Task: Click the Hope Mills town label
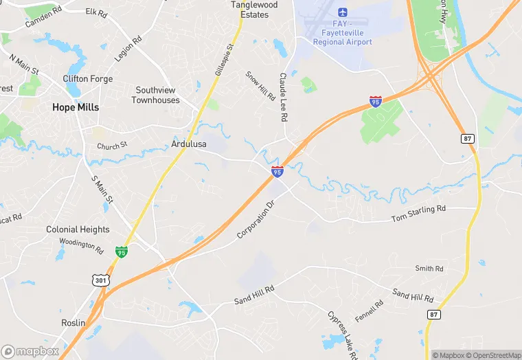tap(76, 107)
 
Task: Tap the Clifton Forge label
tap(88, 79)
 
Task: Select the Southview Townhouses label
tap(157, 95)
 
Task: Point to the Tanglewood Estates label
tap(254, 9)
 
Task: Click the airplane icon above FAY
tap(342, 12)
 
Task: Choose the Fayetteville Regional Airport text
tap(342, 37)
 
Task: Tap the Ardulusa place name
tap(189, 144)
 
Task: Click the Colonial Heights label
tap(78, 229)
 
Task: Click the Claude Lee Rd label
tap(282, 98)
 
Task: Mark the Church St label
tap(112, 146)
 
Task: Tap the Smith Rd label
tap(429, 268)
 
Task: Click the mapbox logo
tap(30, 351)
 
